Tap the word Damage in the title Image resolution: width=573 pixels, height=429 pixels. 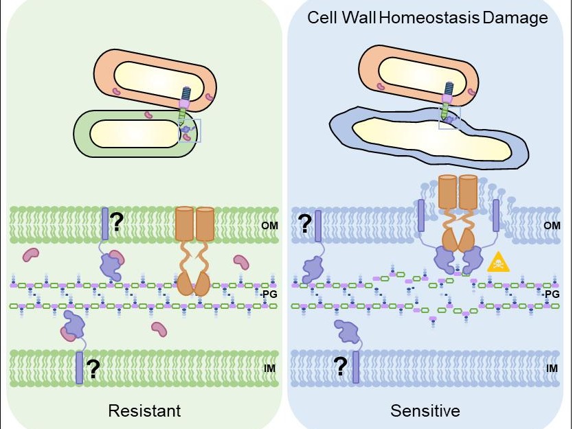pos(515,17)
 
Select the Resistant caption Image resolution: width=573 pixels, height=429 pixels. pos(144,410)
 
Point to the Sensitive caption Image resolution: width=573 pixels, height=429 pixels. pos(425,410)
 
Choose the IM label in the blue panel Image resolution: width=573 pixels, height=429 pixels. pos(552,369)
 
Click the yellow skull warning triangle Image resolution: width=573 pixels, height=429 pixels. pos(497,262)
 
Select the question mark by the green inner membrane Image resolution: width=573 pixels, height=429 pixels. pos(93,370)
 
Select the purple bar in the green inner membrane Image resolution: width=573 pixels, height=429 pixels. pos(79,367)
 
